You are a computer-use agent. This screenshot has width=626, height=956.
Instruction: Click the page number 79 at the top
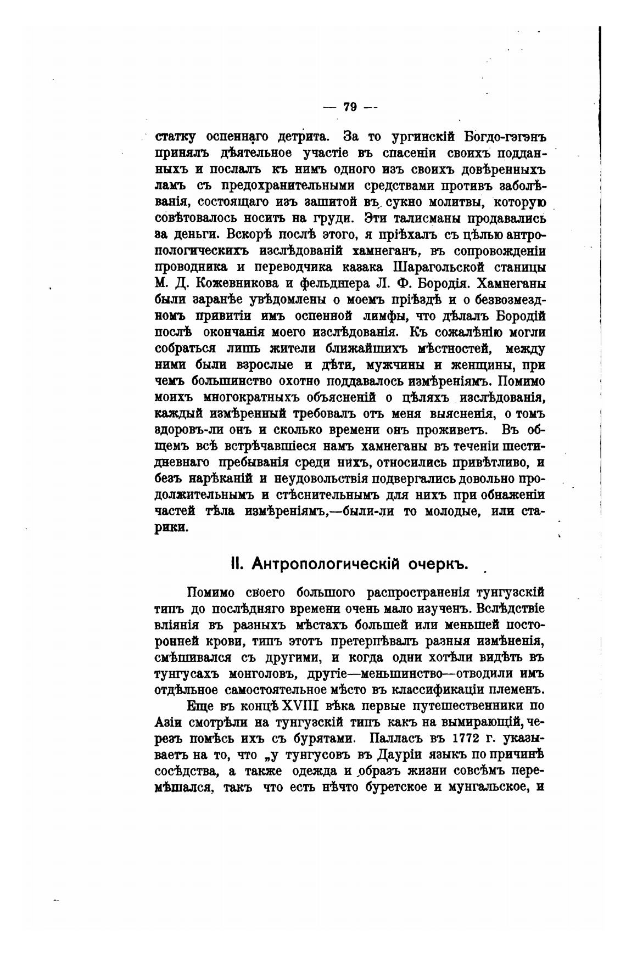pyautogui.click(x=350, y=107)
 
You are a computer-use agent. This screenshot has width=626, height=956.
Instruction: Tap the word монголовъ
pyautogui.click(x=238, y=673)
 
